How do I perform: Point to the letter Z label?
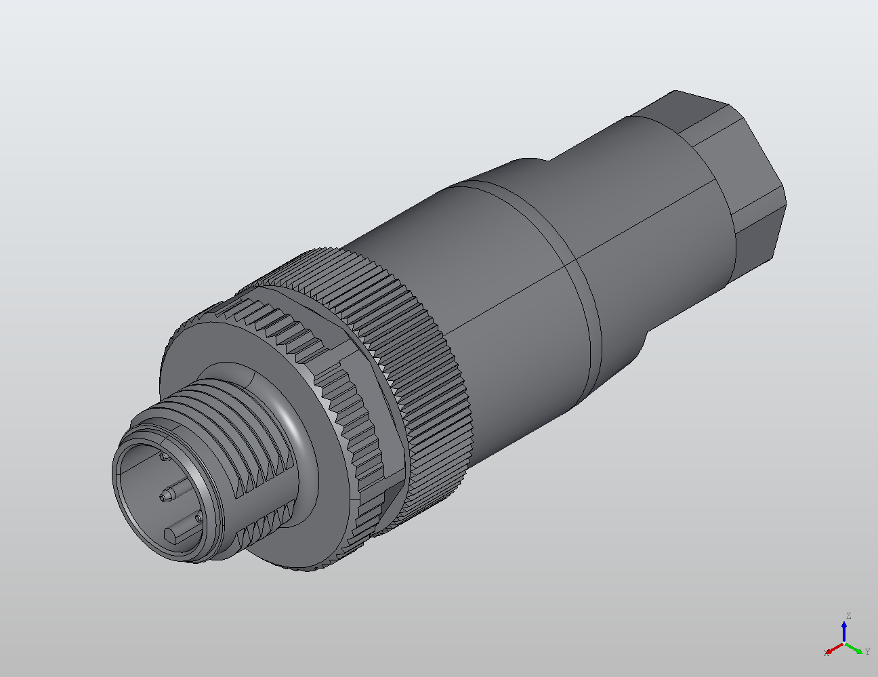point(848,616)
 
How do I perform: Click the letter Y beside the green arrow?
point(868,652)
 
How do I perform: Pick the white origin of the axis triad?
point(844,642)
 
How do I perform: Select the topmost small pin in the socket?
point(163,457)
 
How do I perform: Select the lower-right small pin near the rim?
point(198,519)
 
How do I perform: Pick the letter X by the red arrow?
point(826,653)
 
